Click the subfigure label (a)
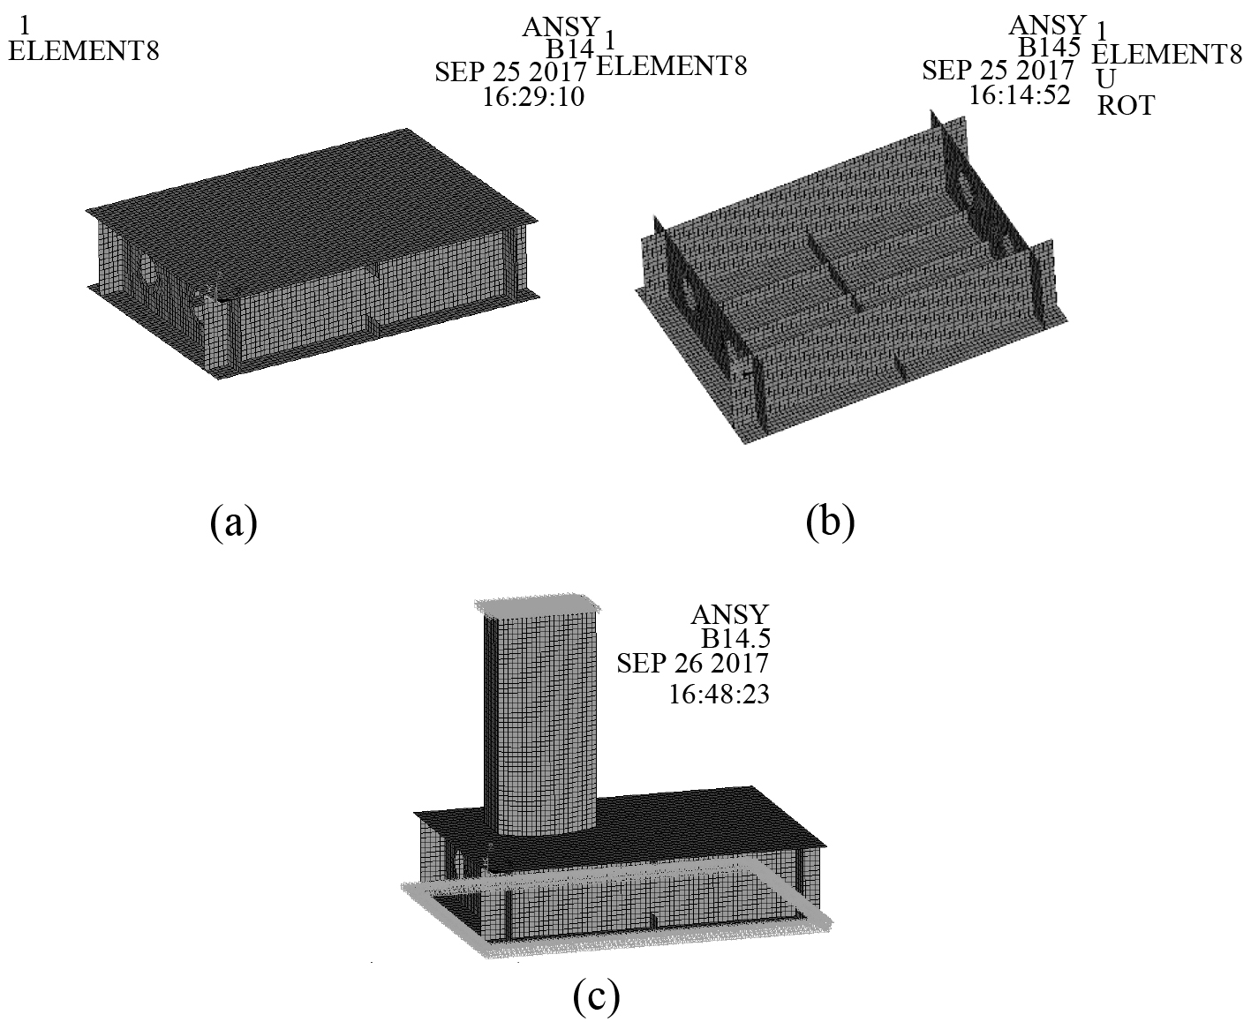(x=234, y=522)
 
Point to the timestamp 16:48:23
(x=719, y=694)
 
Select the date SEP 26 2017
(x=692, y=663)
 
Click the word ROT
(x=1126, y=106)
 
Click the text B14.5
(x=735, y=638)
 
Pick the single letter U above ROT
(x=1106, y=79)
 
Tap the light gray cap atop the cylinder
(x=538, y=606)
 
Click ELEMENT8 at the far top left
(x=84, y=51)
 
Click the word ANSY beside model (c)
(x=730, y=614)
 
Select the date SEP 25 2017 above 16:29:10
(x=510, y=72)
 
